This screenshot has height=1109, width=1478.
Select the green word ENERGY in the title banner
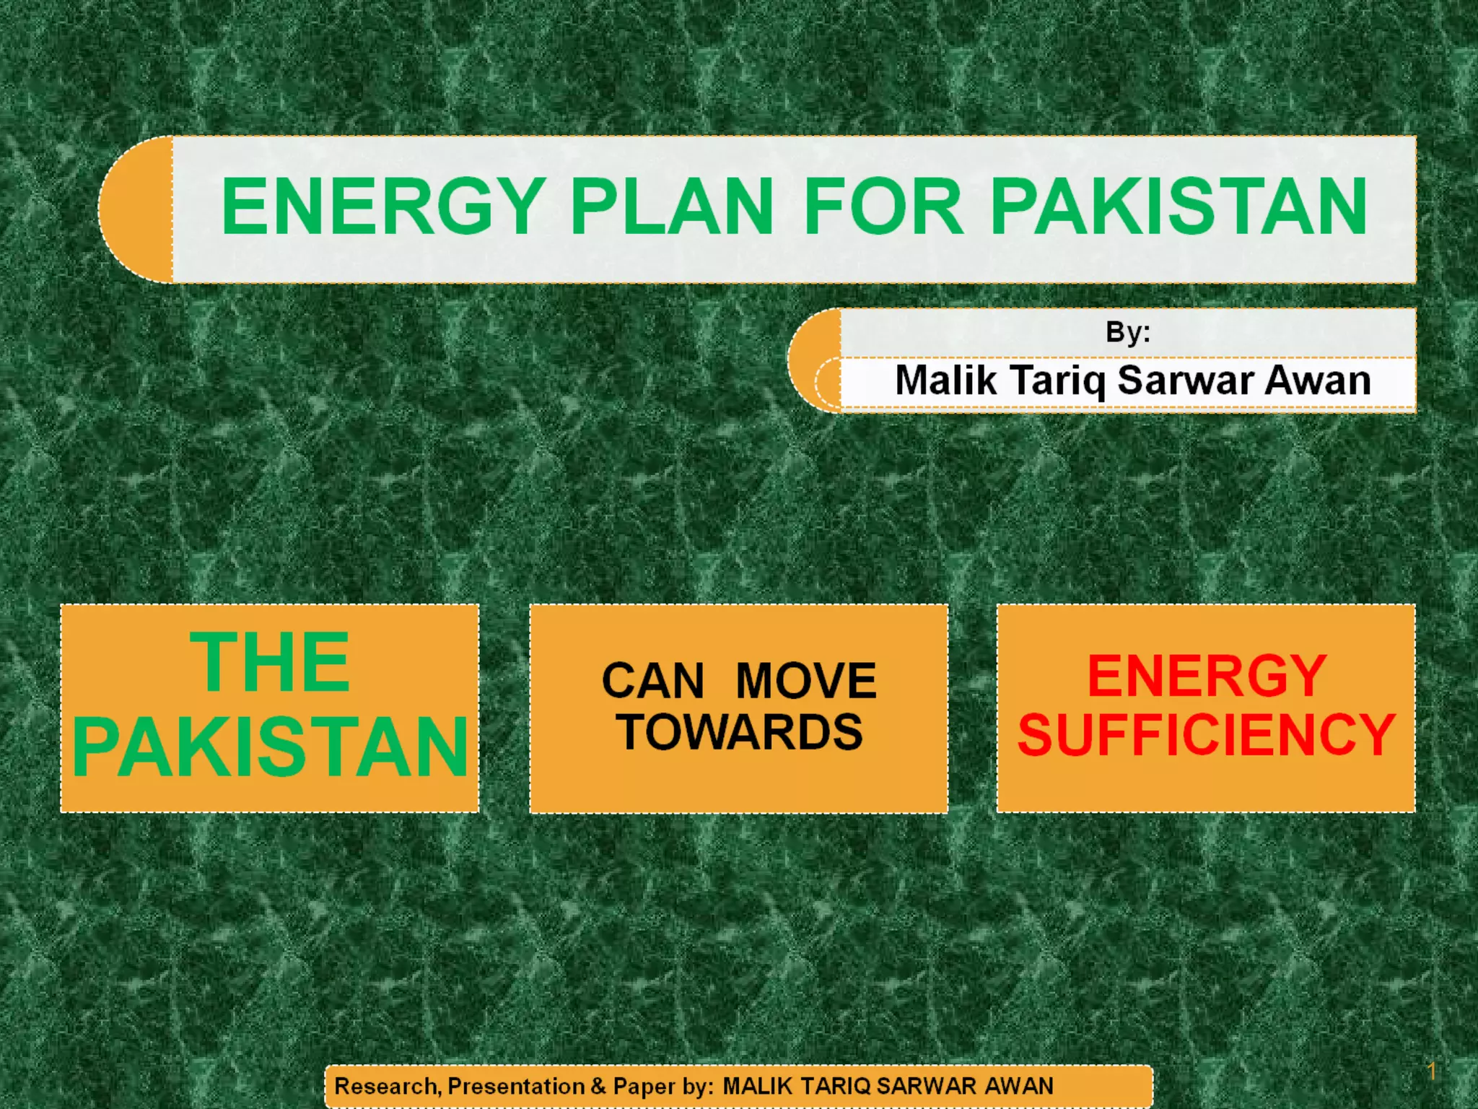(x=382, y=207)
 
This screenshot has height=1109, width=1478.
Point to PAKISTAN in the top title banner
(x=1178, y=207)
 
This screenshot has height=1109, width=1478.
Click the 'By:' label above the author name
(x=1127, y=332)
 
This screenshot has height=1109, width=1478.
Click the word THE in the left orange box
(x=270, y=662)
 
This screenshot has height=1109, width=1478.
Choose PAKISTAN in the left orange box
(x=270, y=747)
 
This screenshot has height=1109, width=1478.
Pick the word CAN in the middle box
(x=652, y=681)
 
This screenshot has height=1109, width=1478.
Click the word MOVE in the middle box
(x=805, y=681)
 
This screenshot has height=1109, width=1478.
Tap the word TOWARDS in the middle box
(x=740, y=732)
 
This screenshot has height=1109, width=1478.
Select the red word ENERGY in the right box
(x=1207, y=677)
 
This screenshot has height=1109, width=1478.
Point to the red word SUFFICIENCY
(x=1207, y=735)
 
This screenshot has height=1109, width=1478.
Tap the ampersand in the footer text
(x=598, y=1086)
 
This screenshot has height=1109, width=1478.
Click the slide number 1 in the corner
(x=1432, y=1071)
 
